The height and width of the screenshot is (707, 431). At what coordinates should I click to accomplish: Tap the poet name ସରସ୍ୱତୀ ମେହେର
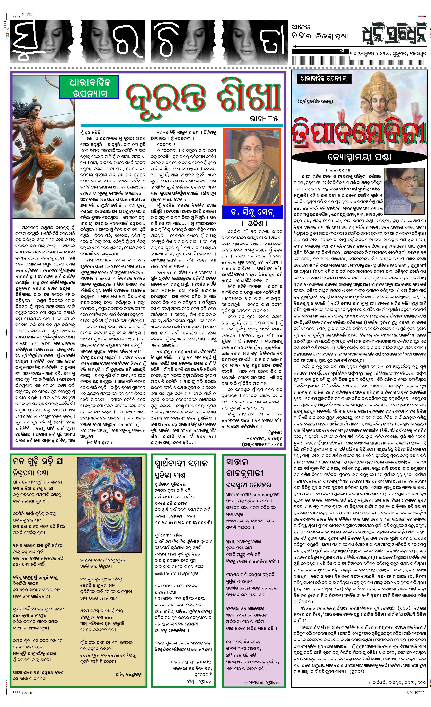(x=249, y=485)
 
